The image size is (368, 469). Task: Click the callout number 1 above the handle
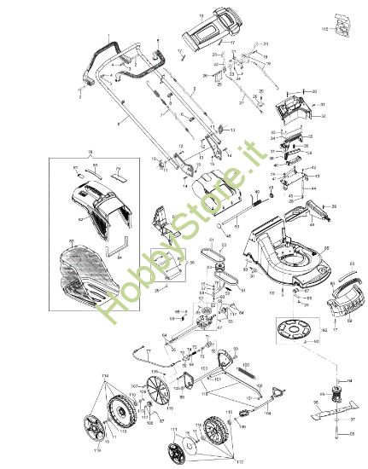pos(110,37)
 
